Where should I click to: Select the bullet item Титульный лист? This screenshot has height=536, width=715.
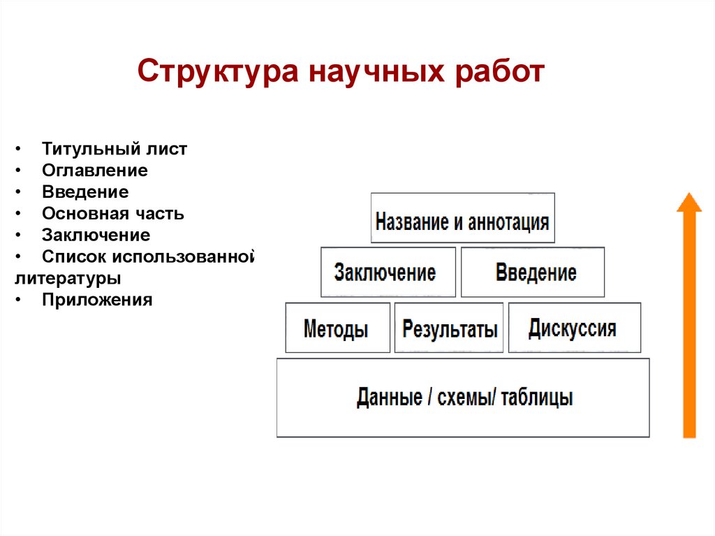point(115,149)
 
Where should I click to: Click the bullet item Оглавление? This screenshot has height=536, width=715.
point(94,171)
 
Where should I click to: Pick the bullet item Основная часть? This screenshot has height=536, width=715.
point(113,213)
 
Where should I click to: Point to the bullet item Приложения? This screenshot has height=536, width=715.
point(96,300)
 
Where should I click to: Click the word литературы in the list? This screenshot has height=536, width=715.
point(68,278)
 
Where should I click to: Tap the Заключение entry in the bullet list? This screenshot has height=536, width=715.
point(96,235)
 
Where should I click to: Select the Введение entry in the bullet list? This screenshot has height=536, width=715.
point(85,191)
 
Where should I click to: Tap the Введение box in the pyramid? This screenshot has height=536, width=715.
point(533,272)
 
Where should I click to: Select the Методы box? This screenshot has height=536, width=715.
point(337,328)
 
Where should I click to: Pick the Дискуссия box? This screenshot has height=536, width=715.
point(574,328)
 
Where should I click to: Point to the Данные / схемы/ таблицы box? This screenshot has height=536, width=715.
point(463,398)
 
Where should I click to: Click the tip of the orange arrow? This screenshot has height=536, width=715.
point(688,196)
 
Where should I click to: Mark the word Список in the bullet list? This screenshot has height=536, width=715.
point(69,256)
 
